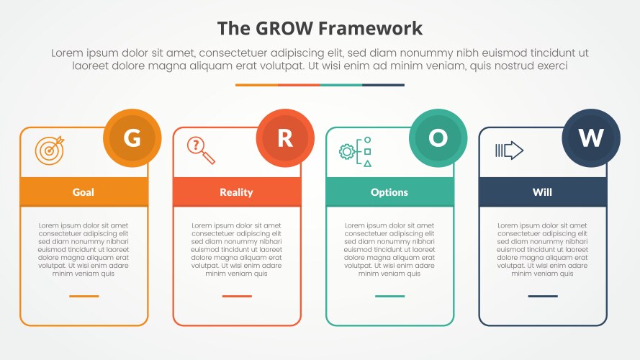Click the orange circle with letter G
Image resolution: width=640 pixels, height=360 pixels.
tap(132, 138)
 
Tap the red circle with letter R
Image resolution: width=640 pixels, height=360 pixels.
tap(285, 138)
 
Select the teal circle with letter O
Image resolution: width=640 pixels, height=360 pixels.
tap(438, 138)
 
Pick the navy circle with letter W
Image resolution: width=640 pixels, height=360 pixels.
tap(591, 138)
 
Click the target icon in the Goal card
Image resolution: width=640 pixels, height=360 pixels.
tap(49, 149)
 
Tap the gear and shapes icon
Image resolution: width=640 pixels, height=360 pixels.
tap(356, 151)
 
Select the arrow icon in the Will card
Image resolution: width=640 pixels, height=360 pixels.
tap(509, 150)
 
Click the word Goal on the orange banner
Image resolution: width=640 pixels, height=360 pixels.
tap(84, 192)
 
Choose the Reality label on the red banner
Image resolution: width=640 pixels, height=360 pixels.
tap(236, 192)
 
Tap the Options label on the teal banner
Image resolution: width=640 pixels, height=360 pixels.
tap(389, 192)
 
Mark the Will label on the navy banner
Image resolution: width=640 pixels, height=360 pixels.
tap(542, 192)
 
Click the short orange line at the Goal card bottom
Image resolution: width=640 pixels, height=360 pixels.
tap(84, 296)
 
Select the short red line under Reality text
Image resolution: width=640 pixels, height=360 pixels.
tap(237, 296)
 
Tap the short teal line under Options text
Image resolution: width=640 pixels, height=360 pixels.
tap(389, 296)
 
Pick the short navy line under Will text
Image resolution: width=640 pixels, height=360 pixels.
tap(542, 296)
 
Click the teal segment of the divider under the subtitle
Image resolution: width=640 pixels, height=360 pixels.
tap(341, 85)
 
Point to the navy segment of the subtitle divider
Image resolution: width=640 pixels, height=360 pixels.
tap(383, 85)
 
